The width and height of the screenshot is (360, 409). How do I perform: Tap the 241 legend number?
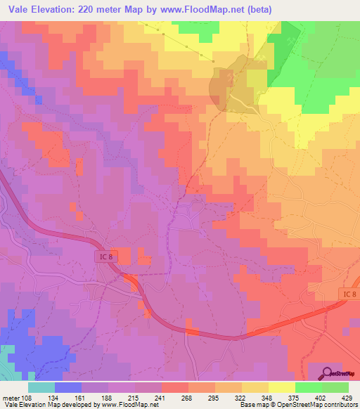pyautogui.click(x=171, y=397)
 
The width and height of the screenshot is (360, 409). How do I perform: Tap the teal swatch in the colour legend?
pyautogui.click(x=41, y=387)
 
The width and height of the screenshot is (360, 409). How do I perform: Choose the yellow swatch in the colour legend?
pyautogui.click(x=281, y=387)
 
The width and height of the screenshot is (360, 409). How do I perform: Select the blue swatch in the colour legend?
pyautogui.click(x=67, y=387)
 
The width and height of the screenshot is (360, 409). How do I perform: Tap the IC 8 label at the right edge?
pyautogui.click(x=349, y=292)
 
